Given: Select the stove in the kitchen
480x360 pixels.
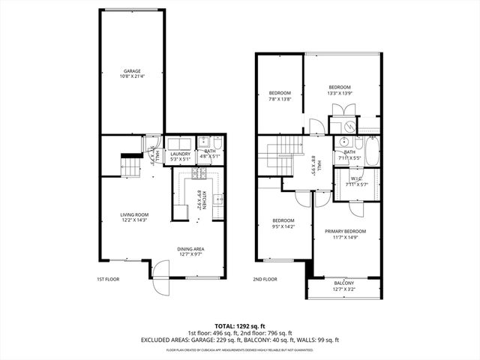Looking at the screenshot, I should pos(199,175).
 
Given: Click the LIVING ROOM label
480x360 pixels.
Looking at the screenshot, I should pos(136,217).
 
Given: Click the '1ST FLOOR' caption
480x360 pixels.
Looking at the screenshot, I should pos(108,279).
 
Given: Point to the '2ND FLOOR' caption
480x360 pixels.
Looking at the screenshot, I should pos(265,279).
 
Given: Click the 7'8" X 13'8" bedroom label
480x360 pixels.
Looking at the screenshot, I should pos(280,96).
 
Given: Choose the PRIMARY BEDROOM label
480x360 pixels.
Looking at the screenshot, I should pos(345,234).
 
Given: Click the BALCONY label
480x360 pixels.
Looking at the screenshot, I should pos(344,285).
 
